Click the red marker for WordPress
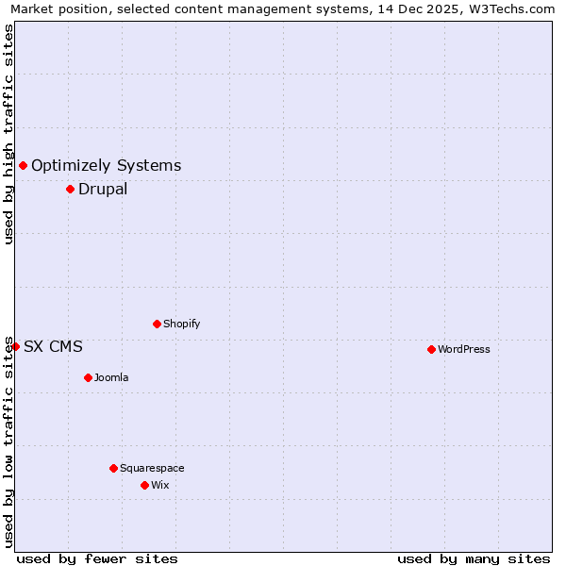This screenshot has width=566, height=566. pos(431,349)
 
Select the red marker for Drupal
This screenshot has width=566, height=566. pos(70,189)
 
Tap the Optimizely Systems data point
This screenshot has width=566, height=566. pos(23,165)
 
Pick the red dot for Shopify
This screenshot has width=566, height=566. pos(157,324)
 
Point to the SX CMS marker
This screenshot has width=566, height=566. pos(15,346)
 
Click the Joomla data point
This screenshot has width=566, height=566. pos(88,377)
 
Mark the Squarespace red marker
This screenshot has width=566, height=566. pos(113,468)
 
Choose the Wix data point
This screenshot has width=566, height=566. pos(144,485)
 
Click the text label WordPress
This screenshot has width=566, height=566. pos(463,349)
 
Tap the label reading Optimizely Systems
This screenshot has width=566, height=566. pos(106,165)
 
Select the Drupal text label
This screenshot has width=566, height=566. pos(103,189)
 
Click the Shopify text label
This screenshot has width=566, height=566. pos(181,324)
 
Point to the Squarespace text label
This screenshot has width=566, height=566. pos(152,468)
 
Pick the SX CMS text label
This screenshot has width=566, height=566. pos(53,346)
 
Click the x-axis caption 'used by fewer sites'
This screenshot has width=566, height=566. pos(97,558)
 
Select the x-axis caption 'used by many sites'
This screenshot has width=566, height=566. pos(474,558)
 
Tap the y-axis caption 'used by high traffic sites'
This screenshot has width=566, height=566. pos(8,134)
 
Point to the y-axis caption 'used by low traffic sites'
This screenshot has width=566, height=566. pos(8,440)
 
